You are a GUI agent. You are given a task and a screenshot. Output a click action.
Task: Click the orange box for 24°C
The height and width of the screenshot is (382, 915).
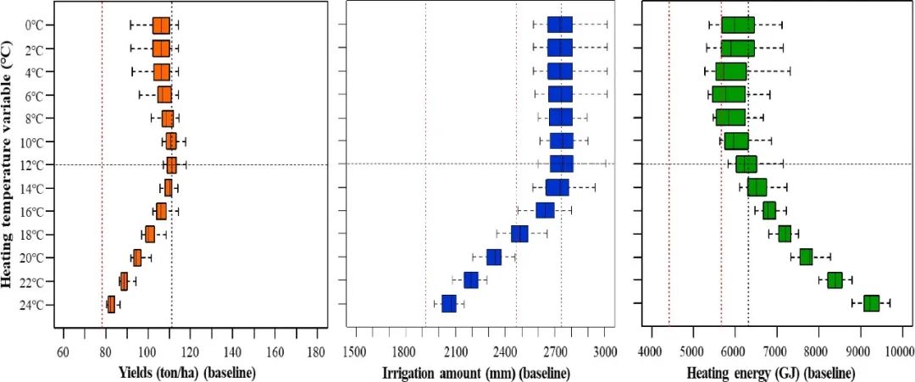click(110, 304)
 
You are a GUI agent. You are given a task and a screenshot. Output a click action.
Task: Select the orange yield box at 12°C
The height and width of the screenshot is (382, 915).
click(171, 164)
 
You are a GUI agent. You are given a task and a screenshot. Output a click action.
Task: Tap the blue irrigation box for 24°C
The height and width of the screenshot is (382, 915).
click(449, 303)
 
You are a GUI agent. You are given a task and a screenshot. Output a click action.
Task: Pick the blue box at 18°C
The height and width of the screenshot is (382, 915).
click(519, 234)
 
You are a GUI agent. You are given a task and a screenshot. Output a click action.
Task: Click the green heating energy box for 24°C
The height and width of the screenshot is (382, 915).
click(871, 303)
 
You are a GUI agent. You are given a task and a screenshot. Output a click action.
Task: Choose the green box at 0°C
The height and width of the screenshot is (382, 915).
click(738, 25)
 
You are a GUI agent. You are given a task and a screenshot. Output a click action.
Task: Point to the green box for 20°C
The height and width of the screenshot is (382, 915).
click(806, 257)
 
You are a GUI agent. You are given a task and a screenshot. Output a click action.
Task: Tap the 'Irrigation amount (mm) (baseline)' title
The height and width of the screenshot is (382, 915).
click(479, 372)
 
